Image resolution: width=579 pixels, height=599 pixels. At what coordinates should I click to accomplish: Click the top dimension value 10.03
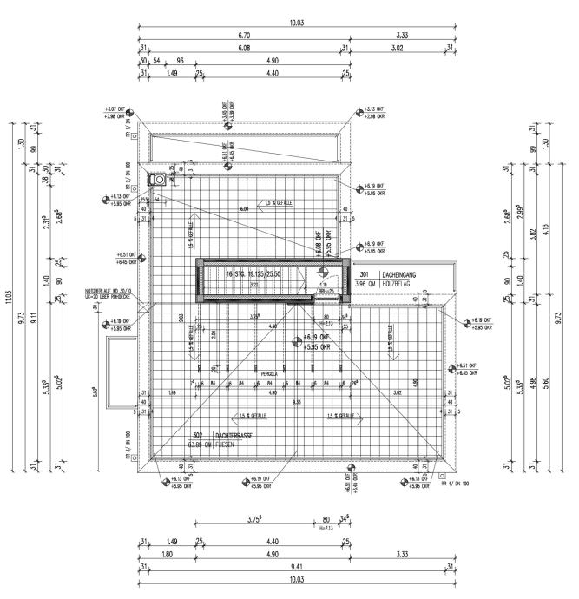coord(297,23)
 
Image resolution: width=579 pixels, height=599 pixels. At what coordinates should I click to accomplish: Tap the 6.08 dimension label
coord(242,49)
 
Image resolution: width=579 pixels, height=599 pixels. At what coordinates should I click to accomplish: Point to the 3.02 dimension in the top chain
coord(397,49)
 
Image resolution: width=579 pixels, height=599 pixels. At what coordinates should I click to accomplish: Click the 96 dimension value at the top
coord(181,61)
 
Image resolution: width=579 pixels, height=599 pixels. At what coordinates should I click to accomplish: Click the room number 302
coord(197,435)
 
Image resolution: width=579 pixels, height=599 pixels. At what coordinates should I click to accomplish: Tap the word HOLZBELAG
coord(384,284)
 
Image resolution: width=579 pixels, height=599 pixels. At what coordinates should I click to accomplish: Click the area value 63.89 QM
coord(199,444)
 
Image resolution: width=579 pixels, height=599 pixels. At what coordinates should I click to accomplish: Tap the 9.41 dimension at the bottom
coord(297,567)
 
